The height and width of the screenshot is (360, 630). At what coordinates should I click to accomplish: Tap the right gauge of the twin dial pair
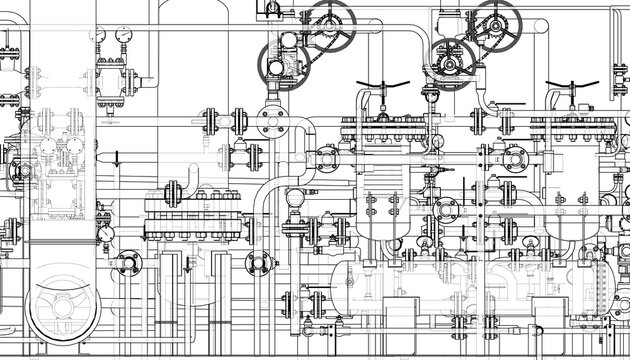(x=122, y=34)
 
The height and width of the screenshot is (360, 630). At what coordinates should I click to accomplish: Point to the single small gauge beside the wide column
(x=106, y=234)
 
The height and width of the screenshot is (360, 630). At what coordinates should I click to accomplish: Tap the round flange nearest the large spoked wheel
(x=127, y=264)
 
